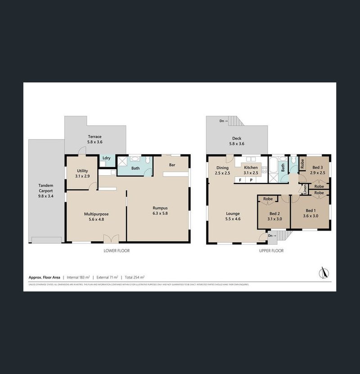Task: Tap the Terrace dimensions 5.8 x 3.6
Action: coord(94,142)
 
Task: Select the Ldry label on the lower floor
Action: coord(107,158)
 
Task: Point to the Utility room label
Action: coord(82,171)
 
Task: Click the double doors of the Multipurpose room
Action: coord(109,238)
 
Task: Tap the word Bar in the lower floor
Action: coord(172,165)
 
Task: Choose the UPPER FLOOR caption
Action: coord(271,251)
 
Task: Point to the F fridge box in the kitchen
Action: coord(240,180)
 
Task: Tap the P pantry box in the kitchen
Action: coord(251,180)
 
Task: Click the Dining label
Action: coord(222,168)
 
